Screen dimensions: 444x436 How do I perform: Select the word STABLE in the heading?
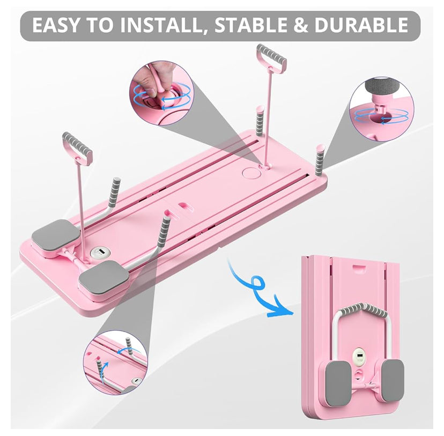pyautogui.click(x=251, y=25)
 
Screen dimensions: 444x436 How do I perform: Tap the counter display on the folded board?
pyautogui.click(x=359, y=356)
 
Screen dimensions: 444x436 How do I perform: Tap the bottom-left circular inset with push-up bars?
pyautogui.click(x=115, y=363)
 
